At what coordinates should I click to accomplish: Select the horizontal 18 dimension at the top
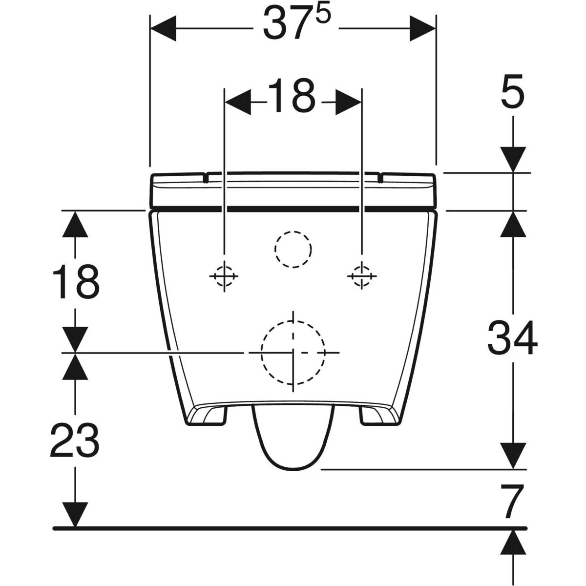tap(292, 96)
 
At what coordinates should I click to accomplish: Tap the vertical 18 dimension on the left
tap(74, 282)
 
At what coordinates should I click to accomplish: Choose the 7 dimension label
tap(512, 502)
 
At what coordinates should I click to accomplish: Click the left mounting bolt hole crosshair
tap(224, 276)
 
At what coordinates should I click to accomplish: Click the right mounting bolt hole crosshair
tap(361, 276)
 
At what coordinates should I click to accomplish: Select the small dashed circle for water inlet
tap(293, 249)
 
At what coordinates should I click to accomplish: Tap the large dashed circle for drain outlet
tap(293, 352)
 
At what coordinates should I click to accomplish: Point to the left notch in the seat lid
tap(206, 177)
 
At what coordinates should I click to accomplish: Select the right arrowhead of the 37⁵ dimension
tap(422, 28)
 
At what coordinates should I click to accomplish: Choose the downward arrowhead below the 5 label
tap(512, 159)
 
